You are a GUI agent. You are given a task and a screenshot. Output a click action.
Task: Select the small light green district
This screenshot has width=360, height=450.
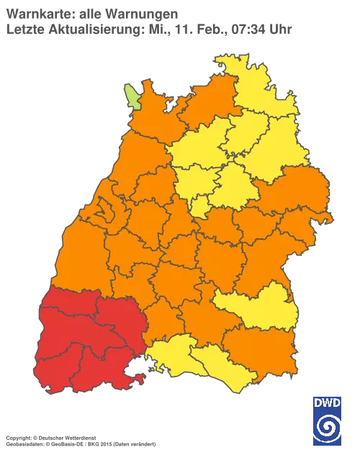132,95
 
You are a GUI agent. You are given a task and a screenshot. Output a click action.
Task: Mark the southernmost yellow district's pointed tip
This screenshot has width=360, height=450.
232,389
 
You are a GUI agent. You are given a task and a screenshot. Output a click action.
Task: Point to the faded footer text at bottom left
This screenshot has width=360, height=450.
79,438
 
